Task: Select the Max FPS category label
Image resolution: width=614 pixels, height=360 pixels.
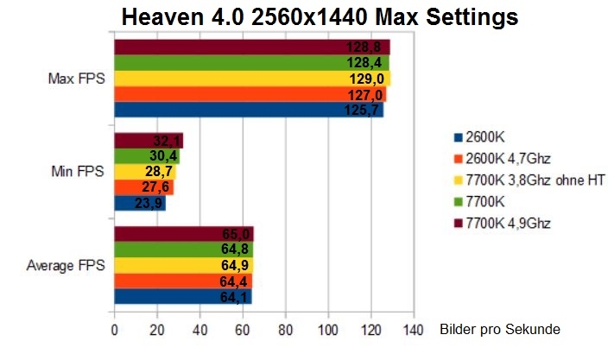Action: coord(75,79)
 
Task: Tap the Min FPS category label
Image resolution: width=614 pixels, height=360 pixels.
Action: coord(78,172)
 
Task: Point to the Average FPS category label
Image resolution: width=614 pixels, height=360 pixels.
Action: coord(66,265)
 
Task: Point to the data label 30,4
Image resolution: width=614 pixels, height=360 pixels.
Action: coord(165,156)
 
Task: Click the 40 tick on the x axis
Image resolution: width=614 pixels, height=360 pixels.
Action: coord(199,330)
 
